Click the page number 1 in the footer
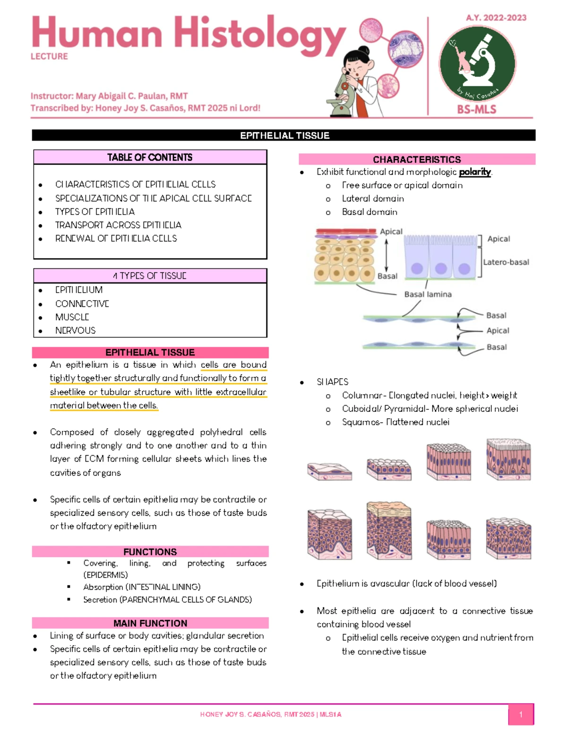coord(520,714)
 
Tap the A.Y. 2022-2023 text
coord(496,18)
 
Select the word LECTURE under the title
coord(49,56)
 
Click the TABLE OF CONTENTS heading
coord(150,157)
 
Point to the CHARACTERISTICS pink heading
coord(417,159)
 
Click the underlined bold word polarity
coord(475,172)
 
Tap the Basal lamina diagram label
coord(428,294)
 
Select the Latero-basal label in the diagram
coord(506,262)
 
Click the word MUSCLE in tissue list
coord(72,317)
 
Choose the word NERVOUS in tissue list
coord(75,330)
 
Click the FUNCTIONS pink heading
coord(150,552)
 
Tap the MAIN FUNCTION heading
coord(150,623)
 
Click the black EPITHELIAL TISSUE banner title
coord(284,136)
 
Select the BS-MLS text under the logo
coord(476,110)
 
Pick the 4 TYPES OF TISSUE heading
coord(150,276)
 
